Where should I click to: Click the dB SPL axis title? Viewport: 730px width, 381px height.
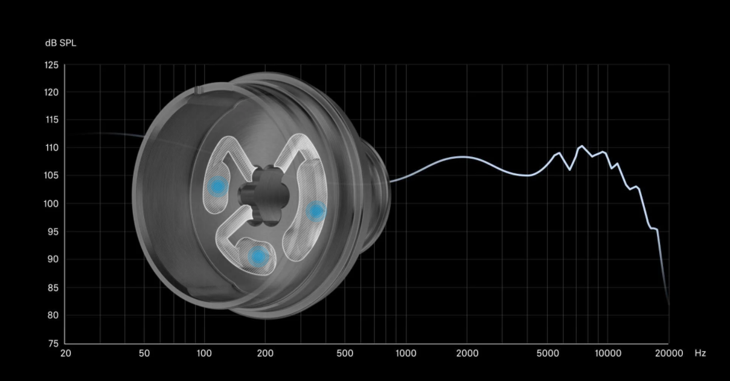click(x=60, y=43)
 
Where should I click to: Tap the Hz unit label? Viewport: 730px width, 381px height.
click(x=700, y=353)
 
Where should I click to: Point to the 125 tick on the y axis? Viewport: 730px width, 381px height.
click(x=51, y=65)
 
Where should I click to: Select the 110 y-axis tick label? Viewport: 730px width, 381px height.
click(x=51, y=148)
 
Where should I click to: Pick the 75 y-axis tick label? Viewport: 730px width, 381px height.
click(x=52, y=343)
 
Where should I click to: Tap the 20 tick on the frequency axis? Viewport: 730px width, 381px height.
click(x=65, y=353)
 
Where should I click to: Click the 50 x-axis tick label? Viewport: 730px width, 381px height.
click(x=144, y=353)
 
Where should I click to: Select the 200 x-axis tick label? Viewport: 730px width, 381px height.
click(x=265, y=353)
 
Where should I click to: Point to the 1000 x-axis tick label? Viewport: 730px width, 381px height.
click(x=406, y=353)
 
